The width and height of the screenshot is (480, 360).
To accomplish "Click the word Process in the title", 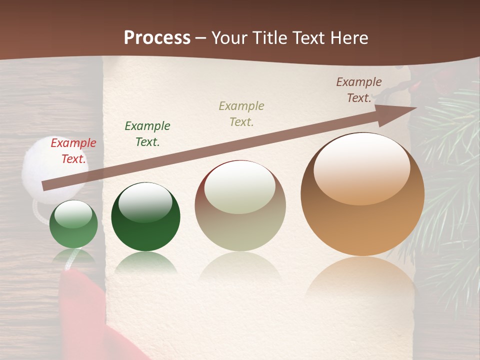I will (x=157, y=38).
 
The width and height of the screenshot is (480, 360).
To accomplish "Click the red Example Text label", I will (x=73, y=151).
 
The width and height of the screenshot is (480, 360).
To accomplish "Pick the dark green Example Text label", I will (x=147, y=134).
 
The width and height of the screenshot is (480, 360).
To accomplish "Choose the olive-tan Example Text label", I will (x=241, y=114).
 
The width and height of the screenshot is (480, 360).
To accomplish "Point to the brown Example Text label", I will (x=359, y=90).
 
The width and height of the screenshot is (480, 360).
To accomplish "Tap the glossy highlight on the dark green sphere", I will (x=145, y=202).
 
